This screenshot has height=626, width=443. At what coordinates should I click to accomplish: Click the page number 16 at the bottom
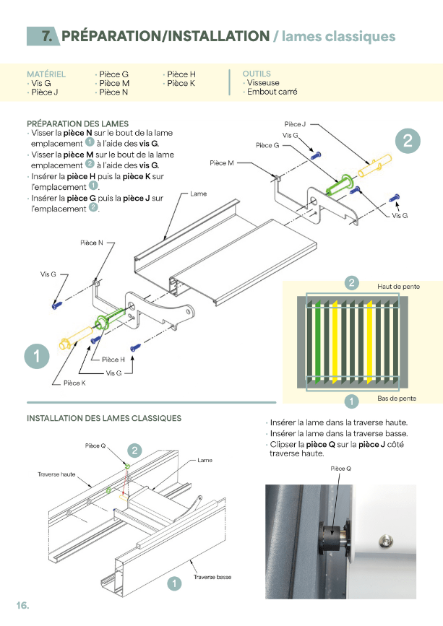tap(22, 605)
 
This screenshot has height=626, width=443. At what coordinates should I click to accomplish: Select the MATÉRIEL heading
tap(46, 74)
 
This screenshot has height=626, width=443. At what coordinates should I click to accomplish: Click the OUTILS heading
tap(257, 74)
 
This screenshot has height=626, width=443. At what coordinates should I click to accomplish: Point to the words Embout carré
tap(272, 92)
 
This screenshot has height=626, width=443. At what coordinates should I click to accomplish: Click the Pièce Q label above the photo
tap(340, 469)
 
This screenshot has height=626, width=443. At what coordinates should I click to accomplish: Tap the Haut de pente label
tap(398, 287)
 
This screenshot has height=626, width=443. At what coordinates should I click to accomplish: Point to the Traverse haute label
tap(56, 474)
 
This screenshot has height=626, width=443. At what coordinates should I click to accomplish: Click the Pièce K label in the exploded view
tap(74, 383)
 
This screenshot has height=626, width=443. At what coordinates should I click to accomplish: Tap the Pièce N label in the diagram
tap(92, 243)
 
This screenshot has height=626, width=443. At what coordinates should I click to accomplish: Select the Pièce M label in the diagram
tap(222, 163)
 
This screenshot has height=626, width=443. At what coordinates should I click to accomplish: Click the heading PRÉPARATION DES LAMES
tap(77, 123)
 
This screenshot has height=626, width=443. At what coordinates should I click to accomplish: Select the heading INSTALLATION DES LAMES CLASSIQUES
tap(104, 418)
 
